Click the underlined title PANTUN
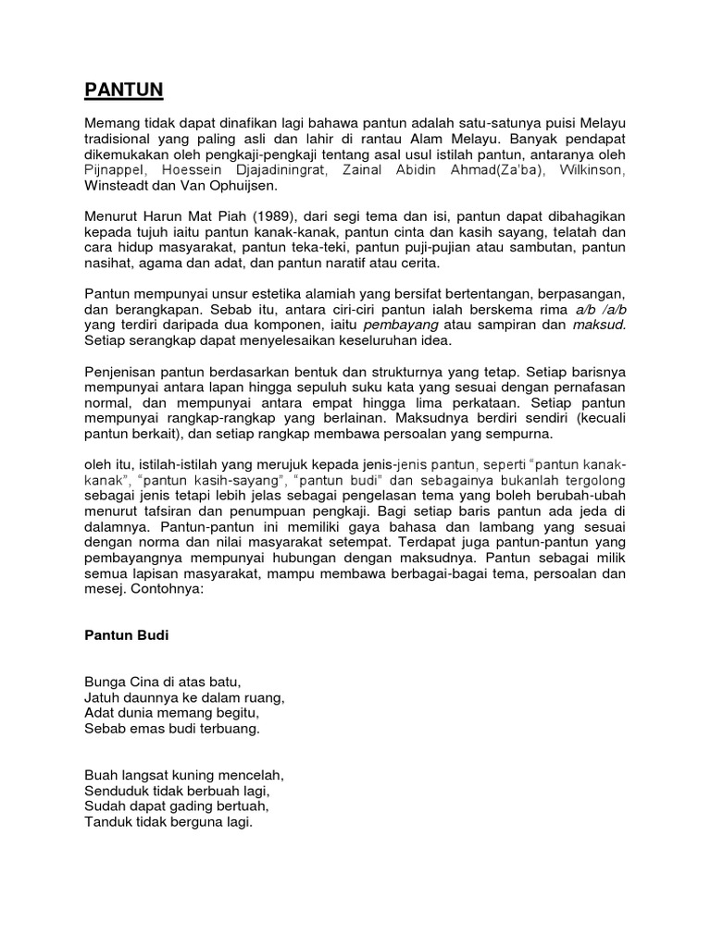tap(124, 90)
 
